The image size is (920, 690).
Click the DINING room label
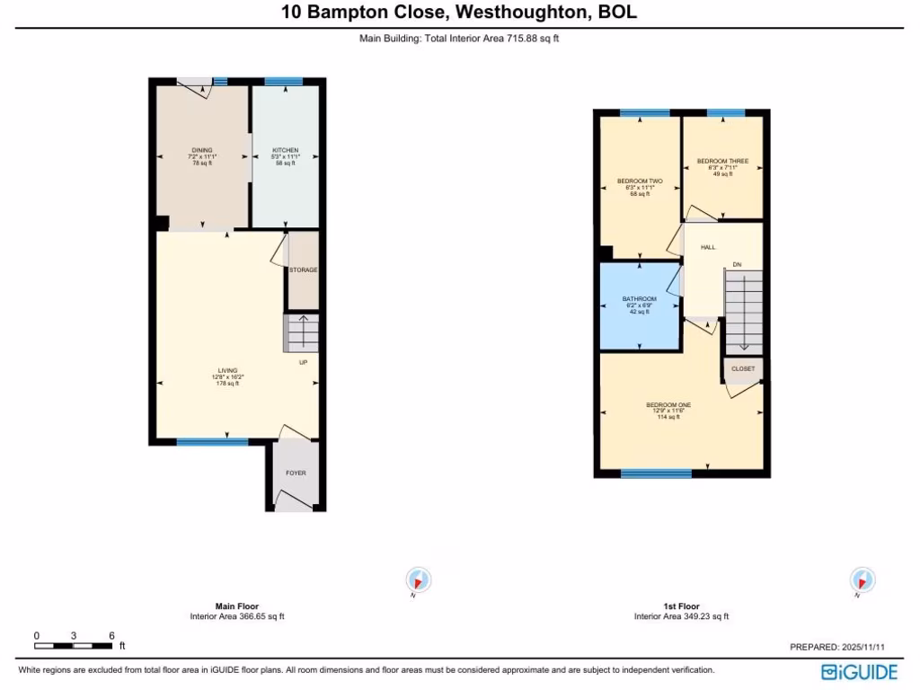(201, 150)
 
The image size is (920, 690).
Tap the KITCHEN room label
(284, 150)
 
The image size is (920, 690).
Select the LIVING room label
(227, 370)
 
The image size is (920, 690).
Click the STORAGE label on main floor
(303, 270)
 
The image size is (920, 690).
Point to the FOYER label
(296, 473)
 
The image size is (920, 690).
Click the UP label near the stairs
(303, 362)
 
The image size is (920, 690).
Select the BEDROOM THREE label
(722, 162)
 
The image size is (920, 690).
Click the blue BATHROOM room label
(639, 299)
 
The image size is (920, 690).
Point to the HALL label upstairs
(708, 246)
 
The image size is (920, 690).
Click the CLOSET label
(743, 368)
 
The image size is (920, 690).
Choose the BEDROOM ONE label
(668, 405)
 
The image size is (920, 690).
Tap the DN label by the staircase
(737, 264)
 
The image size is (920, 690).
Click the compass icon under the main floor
(419, 580)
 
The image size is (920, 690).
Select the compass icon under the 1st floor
(862, 580)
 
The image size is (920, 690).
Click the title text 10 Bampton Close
(459, 13)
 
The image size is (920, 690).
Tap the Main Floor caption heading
(237, 606)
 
